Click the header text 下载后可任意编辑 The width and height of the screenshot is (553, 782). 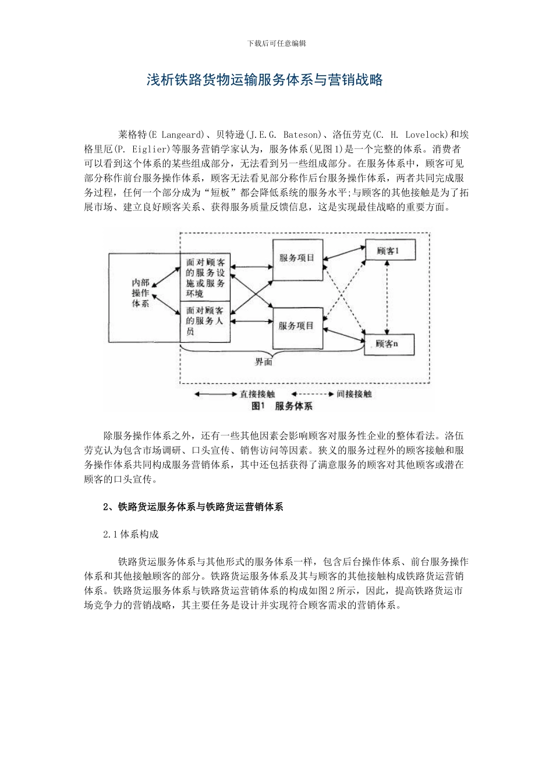point(276,44)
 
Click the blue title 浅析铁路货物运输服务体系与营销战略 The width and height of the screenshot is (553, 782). point(264,80)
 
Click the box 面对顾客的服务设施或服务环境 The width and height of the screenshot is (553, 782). point(205,277)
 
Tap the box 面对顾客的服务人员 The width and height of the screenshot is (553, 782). point(205,322)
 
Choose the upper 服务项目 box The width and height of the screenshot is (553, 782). point(297,258)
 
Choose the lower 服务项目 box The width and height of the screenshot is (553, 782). point(297,326)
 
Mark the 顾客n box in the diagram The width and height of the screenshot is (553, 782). point(388,344)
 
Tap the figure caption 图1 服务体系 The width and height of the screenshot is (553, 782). point(282,406)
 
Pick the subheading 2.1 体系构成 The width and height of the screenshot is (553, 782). point(130,534)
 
